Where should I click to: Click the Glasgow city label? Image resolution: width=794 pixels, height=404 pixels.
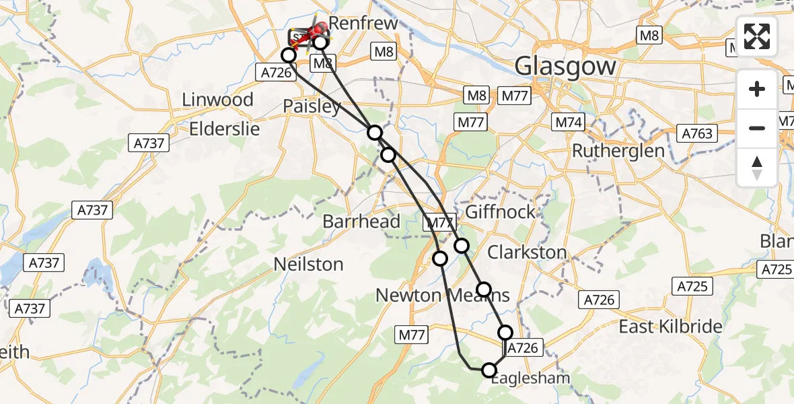tap(565, 66)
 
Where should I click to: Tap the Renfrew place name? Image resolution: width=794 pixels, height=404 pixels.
tap(363, 23)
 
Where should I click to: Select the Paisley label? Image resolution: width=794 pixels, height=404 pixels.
tap(312, 106)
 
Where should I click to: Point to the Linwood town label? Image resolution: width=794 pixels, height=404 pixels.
tap(217, 100)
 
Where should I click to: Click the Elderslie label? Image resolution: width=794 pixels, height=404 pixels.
tap(224, 129)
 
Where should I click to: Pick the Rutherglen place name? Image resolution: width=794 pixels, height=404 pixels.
tap(618, 150)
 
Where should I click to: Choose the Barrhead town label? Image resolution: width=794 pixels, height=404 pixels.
tap(361, 221)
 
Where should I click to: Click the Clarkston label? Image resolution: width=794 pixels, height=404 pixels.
tap(527, 252)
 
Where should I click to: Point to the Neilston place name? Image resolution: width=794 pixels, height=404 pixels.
tap(308, 264)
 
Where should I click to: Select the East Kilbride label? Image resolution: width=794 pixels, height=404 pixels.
tap(670, 327)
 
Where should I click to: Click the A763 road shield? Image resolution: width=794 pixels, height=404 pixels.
tap(696, 133)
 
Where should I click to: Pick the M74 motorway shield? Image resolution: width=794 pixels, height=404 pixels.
tap(569, 123)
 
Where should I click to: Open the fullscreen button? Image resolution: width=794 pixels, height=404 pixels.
tap(757, 36)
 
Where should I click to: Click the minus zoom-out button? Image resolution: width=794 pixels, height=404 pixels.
tap(757, 128)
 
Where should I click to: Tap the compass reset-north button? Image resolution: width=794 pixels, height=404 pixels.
tap(757, 167)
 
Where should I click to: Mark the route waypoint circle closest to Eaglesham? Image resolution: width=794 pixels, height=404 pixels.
tap(489, 370)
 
